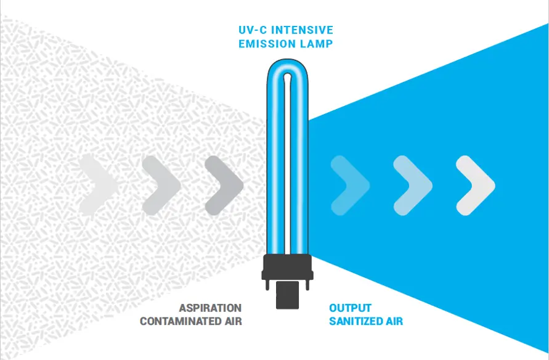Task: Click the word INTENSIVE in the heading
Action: click(x=302, y=30)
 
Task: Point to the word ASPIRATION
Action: click(x=210, y=308)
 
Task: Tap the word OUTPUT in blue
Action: click(x=350, y=308)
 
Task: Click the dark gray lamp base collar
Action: click(x=288, y=267)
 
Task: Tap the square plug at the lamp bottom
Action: click(x=288, y=295)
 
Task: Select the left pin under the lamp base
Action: click(x=267, y=285)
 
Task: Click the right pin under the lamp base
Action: click(x=307, y=285)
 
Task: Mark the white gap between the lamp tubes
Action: click(x=288, y=165)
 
